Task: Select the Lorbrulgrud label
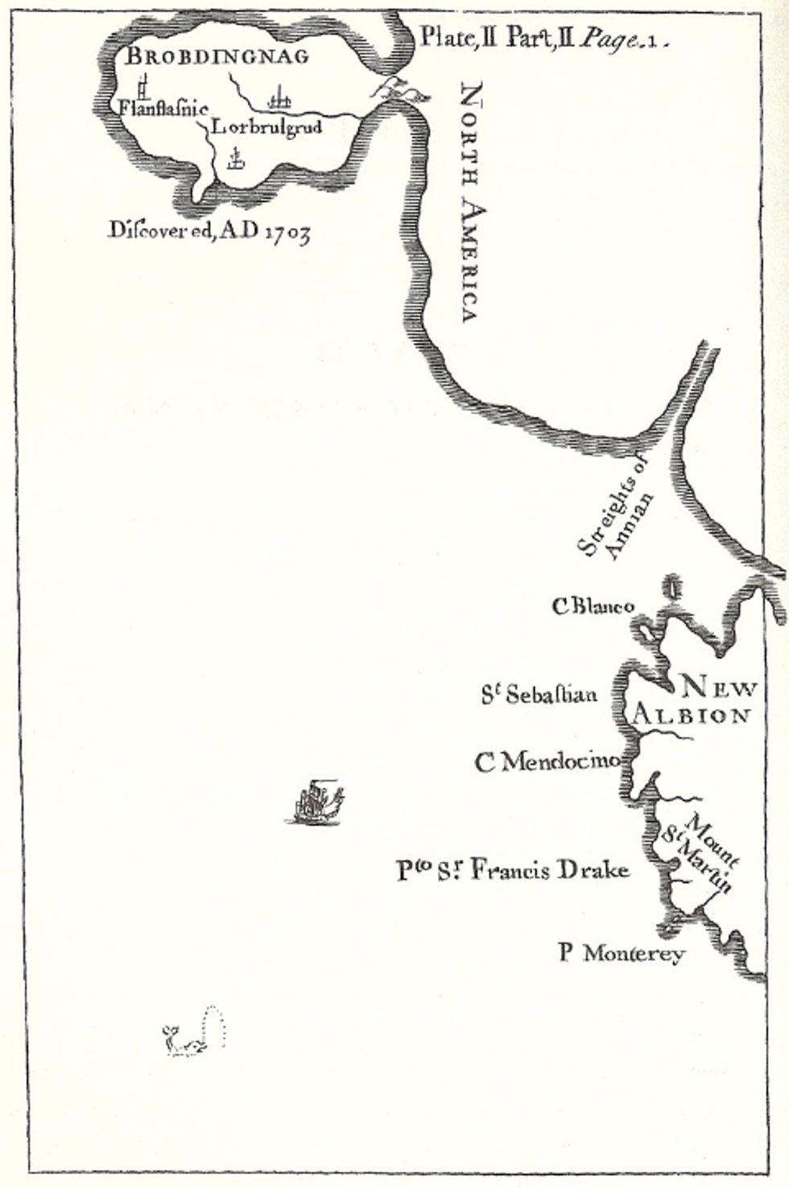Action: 266,127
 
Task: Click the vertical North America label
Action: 469,201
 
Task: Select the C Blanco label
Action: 593,606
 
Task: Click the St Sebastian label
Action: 539,693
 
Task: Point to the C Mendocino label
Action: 547,761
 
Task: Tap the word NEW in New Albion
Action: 719,689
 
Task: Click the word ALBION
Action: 692,715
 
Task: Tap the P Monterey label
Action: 622,954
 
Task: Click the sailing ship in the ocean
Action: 315,803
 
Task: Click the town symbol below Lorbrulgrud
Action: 235,159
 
